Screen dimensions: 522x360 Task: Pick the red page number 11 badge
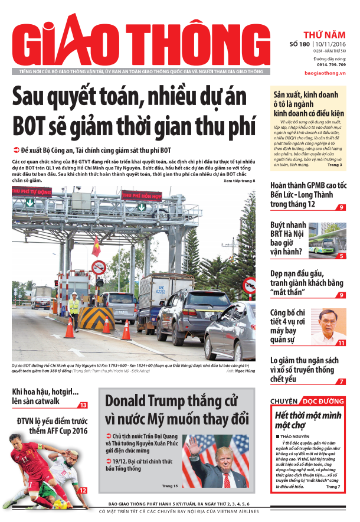341,342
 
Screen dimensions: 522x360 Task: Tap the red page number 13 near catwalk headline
83,405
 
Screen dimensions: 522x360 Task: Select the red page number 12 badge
83,490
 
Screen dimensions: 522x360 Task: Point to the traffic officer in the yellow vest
74,309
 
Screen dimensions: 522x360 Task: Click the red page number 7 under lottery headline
342,382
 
